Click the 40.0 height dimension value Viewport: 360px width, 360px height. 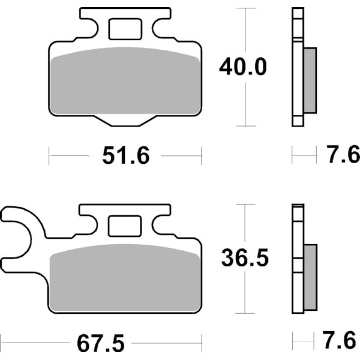pyautogui.click(x=242, y=67)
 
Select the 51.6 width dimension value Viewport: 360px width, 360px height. pyautogui.click(x=125, y=157)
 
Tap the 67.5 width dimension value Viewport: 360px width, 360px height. pyautogui.click(x=101, y=344)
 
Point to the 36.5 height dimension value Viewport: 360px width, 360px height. pyautogui.click(x=243, y=259)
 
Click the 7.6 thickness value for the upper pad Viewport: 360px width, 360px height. pyautogui.click(x=339, y=157)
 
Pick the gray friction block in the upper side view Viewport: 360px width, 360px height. pyautogui.click(x=310, y=80)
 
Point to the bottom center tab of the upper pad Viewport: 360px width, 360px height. pyautogui.click(x=125, y=121)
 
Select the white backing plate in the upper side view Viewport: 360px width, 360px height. pyautogui.click(x=296, y=66)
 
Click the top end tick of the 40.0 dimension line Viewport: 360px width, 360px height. pyautogui.click(x=242, y=8)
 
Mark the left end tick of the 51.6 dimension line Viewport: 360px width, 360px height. pyautogui.click(x=49, y=157)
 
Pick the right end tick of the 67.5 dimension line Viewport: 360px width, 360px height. pyautogui.click(x=202, y=344)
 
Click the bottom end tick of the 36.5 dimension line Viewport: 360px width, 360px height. pyautogui.click(x=242, y=313)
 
